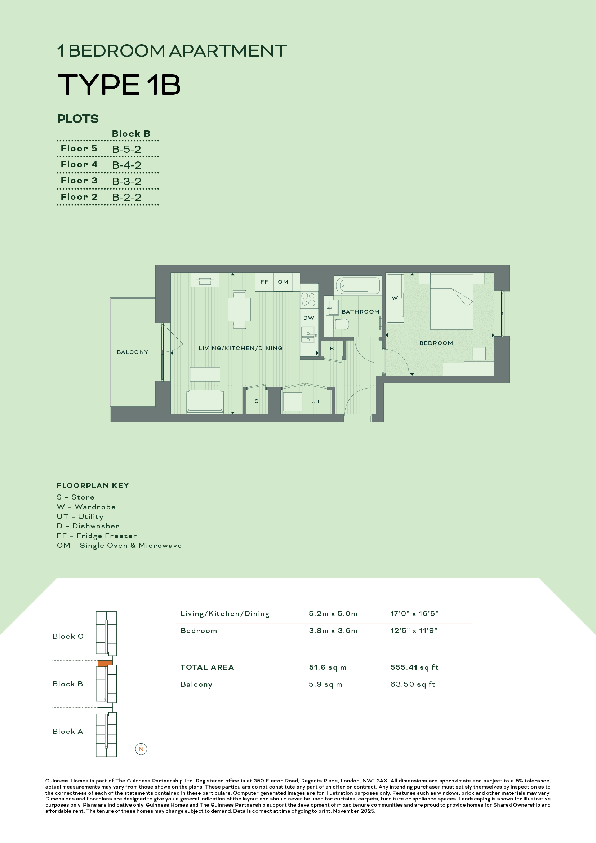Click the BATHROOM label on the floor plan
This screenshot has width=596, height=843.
pyautogui.click(x=360, y=312)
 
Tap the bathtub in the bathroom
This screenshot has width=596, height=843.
pyautogui.click(x=358, y=285)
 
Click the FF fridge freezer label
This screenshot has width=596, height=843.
pyautogui.click(x=264, y=282)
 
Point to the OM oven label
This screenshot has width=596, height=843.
pyautogui.click(x=283, y=282)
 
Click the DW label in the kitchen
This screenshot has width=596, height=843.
pyautogui.click(x=309, y=318)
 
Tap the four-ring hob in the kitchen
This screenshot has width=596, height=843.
pyautogui.click(x=308, y=299)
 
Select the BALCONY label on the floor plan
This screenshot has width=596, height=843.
pyautogui.click(x=133, y=352)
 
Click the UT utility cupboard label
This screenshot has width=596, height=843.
pyautogui.click(x=316, y=401)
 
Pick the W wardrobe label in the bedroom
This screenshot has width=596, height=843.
pyautogui.click(x=395, y=298)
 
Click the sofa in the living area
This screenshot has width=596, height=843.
pyautogui.click(x=205, y=401)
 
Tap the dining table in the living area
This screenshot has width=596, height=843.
pyautogui.click(x=239, y=310)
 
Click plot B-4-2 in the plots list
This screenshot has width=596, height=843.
pyautogui.click(x=126, y=165)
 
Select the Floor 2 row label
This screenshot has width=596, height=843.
pyautogui.click(x=79, y=197)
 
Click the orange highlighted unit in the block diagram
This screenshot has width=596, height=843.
pyautogui.click(x=105, y=664)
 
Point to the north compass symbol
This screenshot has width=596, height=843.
pyautogui.click(x=141, y=749)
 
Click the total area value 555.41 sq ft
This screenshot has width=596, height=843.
pyautogui.click(x=414, y=667)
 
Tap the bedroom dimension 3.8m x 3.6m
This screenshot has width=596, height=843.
pyautogui.click(x=333, y=630)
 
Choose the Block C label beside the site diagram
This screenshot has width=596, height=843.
pyautogui.click(x=68, y=636)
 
